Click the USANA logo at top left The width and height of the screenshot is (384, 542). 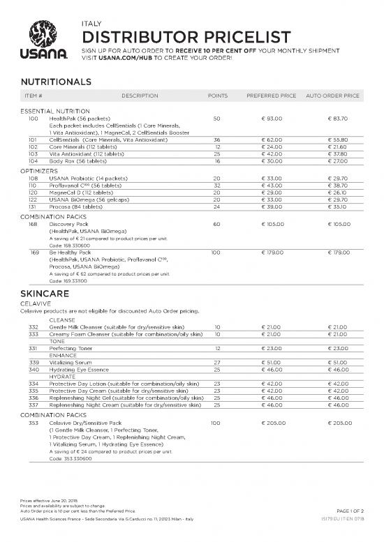47,41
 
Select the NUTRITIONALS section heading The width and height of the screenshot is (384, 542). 56,82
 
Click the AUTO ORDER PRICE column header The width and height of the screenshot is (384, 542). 332,96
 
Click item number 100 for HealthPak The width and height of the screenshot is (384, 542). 33,119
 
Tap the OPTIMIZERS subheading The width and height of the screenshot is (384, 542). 39,171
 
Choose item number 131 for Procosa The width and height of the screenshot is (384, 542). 33,206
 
